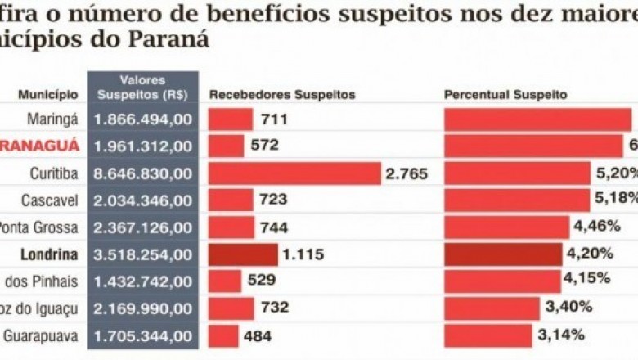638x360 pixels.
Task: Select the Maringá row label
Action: click(x=54, y=119)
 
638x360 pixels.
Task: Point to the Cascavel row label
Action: click(x=51, y=200)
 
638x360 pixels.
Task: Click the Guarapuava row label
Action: click(x=42, y=335)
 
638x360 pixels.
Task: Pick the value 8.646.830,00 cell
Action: click(x=144, y=173)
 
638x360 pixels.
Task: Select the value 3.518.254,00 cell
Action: click(x=144, y=254)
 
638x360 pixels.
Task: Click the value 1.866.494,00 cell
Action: click(x=144, y=119)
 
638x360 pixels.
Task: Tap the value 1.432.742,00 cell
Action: click(x=144, y=281)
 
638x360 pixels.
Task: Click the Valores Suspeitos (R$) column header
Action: click(x=143, y=88)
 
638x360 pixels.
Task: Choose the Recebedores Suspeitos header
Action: click(x=282, y=95)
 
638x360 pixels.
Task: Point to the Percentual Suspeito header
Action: click(x=505, y=95)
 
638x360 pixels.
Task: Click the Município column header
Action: click(x=49, y=95)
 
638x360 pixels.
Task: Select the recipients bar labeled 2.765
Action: click(x=295, y=173)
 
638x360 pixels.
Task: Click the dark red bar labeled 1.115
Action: click(x=243, y=254)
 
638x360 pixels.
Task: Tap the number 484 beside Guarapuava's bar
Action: click(x=258, y=335)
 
